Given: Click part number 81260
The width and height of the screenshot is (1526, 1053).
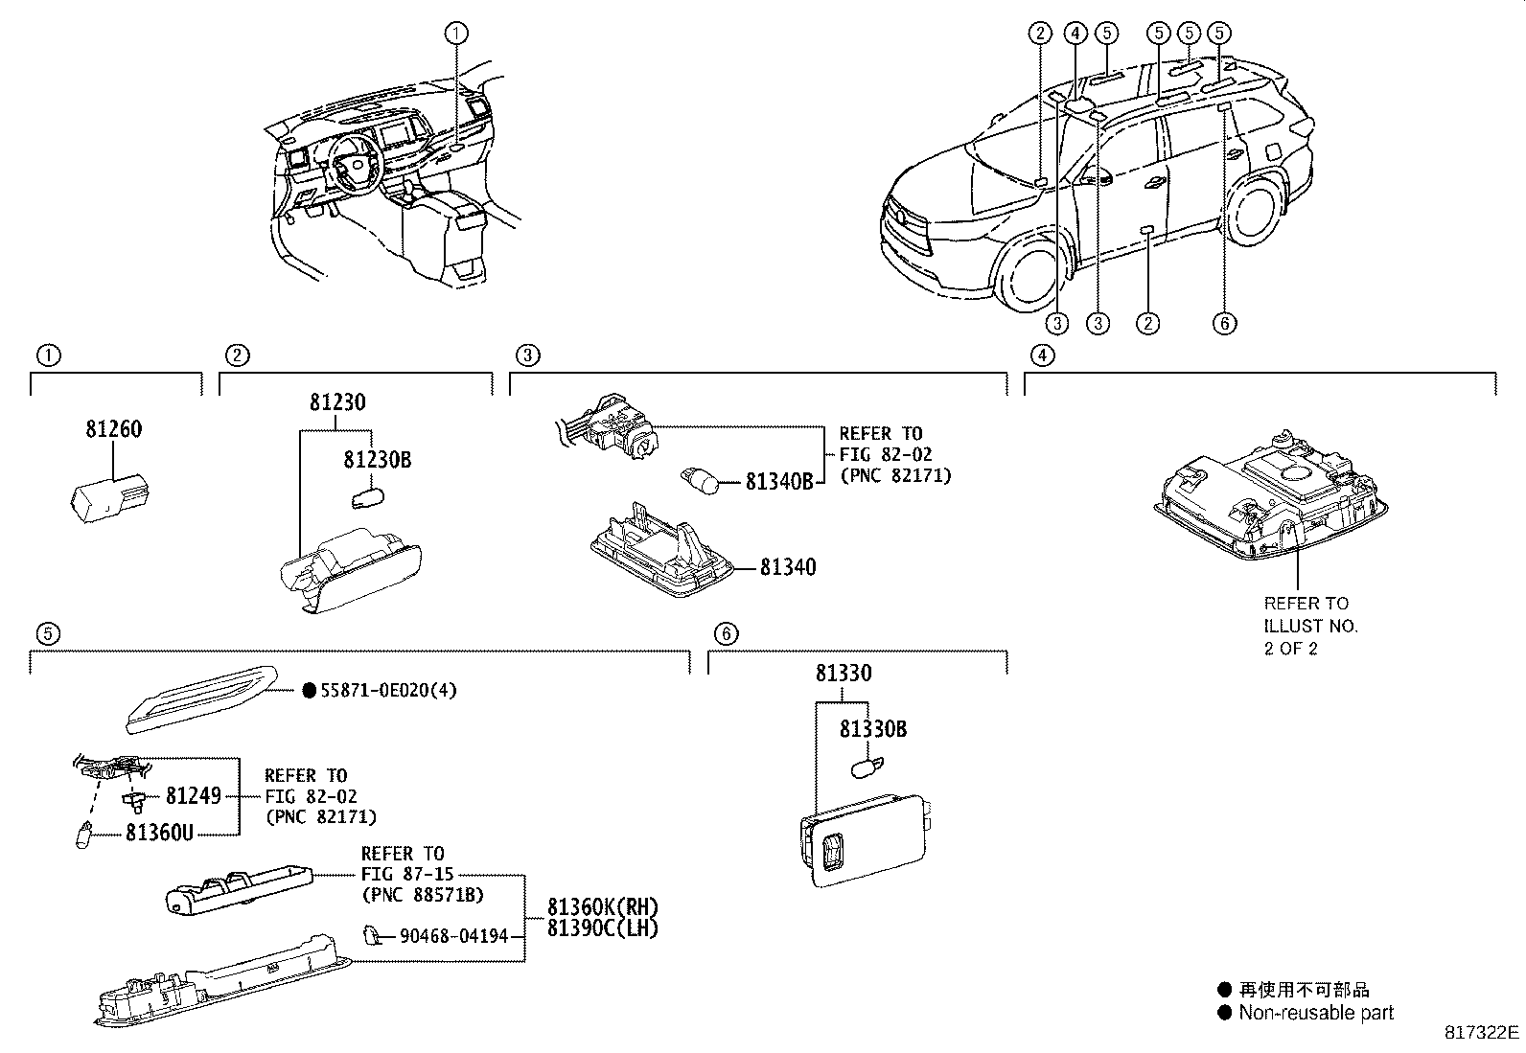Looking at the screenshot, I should (113, 429).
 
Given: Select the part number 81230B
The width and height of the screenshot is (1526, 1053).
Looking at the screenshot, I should (377, 460).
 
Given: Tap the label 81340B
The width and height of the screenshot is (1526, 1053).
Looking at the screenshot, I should (778, 481).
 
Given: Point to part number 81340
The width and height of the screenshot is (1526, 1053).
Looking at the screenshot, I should (788, 567).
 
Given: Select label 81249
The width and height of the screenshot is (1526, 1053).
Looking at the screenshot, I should (193, 795).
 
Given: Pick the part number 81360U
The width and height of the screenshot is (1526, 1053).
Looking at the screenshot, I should (159, 833).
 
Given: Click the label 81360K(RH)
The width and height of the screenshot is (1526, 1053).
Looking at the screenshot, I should (603, 906).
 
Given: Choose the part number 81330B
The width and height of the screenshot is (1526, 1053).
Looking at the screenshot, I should (872, 729).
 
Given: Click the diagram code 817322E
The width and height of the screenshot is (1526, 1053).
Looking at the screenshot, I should (1482, 1032).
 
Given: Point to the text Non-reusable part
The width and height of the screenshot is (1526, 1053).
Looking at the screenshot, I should (1315, 1013).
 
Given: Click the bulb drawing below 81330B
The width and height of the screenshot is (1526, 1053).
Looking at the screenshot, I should (868, 767).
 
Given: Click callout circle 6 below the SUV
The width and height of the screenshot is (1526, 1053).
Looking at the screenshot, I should (1224, 323).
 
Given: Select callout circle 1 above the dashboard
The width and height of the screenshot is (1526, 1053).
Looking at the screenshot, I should (457, 34).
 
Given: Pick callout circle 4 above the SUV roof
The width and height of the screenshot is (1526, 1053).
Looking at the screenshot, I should (1075, 34).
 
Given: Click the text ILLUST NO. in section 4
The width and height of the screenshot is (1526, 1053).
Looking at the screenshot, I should (1310, 626).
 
